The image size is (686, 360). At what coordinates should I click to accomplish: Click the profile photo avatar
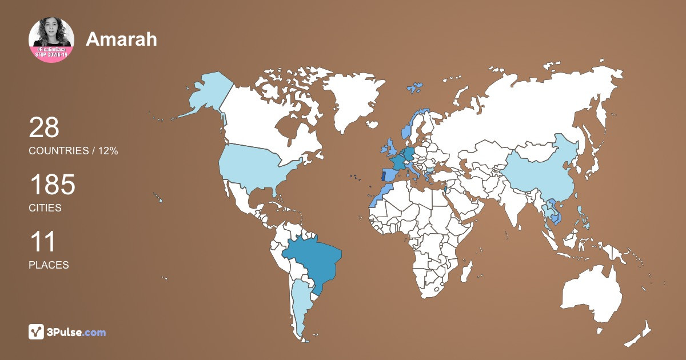[x=51, y=40]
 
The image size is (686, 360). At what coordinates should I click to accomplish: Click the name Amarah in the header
[x=121, y=39]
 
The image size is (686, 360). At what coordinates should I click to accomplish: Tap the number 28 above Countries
[x=44, y=127]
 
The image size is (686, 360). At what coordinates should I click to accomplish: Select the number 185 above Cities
[x=52, y=186]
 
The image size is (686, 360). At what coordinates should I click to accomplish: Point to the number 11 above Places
[x=42, y=242]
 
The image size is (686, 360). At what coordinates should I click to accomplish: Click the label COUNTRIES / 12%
[x=73, y=151]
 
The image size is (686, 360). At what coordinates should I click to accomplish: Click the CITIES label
[x=45, y=208]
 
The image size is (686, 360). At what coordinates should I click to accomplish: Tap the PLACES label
[x=49, y=265]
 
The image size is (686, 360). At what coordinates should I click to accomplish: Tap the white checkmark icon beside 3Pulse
[x=37, y=332]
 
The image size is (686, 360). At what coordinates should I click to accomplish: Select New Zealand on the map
[x=640, y=334]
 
